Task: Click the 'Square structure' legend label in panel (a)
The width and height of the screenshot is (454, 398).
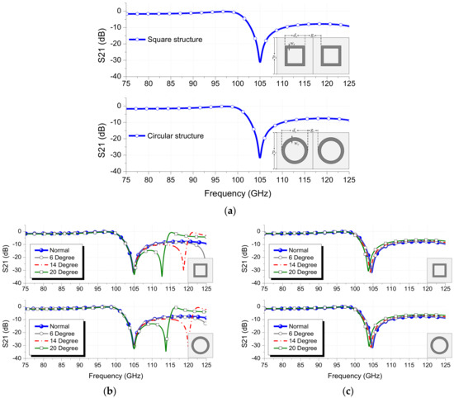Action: click(x=171, y=40)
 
